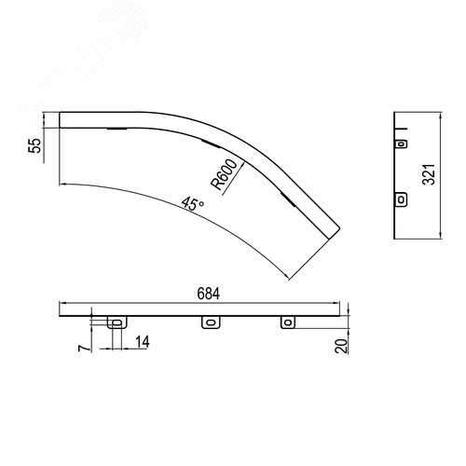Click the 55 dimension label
coord(34,145)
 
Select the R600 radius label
coord(224,174)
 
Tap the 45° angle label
coord(193,204)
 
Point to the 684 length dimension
coord(209,294)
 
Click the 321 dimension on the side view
coord(429,174)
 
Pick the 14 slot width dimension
coord(143,342)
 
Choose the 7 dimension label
coord(83,349)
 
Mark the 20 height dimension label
coord(341,346)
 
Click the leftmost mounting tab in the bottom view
coord(117,322)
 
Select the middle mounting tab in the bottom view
coord(211,322)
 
